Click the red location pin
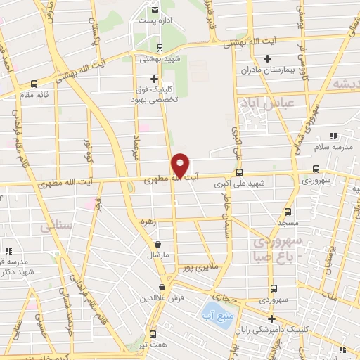click(181, 165)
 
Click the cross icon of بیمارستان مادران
click(266, 58)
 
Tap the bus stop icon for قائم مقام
click(34, 83)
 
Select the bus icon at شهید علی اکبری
click(240, 172)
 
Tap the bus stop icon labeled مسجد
click(288, 211)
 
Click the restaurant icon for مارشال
click(157, 245)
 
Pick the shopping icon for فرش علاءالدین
click(163, 287)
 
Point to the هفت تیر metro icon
click(153, 333)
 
